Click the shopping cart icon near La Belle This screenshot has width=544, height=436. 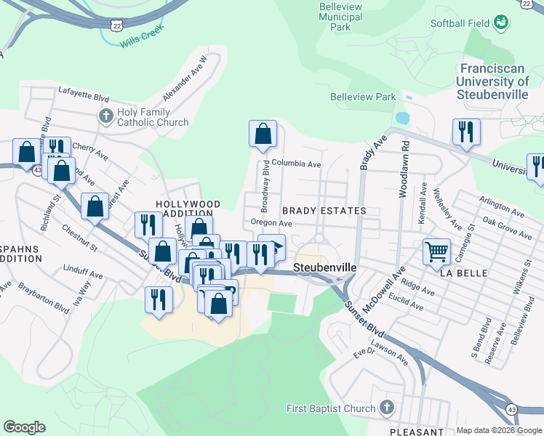(436, 252)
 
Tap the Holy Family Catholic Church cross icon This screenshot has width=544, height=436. (106, 116)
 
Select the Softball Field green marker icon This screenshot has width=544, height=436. (500, 23)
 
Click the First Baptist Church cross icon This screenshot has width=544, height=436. (387, 408)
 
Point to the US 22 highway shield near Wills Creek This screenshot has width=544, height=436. (117, 25)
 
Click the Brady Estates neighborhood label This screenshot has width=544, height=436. (324, 211)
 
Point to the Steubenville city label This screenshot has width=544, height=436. (325, 267)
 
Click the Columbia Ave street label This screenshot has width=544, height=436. (297, 164)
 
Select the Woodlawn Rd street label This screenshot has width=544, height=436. (404, 169)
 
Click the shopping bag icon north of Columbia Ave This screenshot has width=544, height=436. (263, 134)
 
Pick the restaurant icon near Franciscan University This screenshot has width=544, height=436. (466, 132)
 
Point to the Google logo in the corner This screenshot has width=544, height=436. (24, 427)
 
